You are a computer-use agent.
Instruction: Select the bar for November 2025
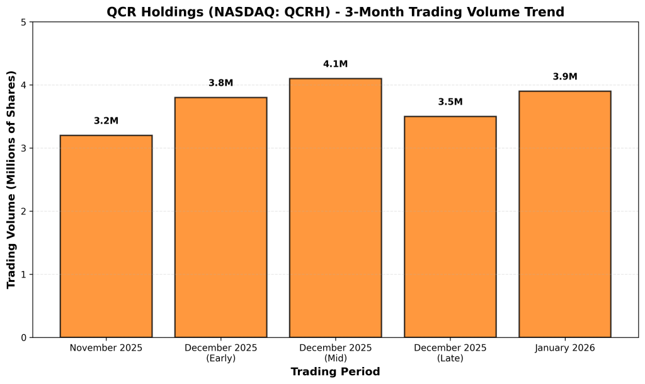click(106, 236)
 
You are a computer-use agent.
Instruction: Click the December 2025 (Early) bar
click(220, 218)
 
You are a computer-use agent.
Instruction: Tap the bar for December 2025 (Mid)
click(335, 208)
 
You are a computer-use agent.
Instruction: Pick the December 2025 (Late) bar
click(450, 227)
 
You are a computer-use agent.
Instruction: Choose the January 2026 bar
click(564, 214)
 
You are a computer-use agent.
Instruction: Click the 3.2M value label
click(106, 120)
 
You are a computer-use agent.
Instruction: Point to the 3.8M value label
click(220, 83)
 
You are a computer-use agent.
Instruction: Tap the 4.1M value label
click(335, 64)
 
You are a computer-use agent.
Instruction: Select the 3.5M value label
click(450, 102)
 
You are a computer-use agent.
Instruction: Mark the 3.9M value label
click(564, 76)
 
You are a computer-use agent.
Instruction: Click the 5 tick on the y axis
click(23, 22)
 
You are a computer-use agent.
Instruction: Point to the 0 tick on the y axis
click(23, 337)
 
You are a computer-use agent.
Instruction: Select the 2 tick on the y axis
click(23, 211)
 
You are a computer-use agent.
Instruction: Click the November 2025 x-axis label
click(106, 348)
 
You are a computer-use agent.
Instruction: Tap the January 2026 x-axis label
click(564, 348)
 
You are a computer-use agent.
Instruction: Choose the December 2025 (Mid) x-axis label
click(335, 352)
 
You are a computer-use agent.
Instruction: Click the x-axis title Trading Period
click(335, 372)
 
